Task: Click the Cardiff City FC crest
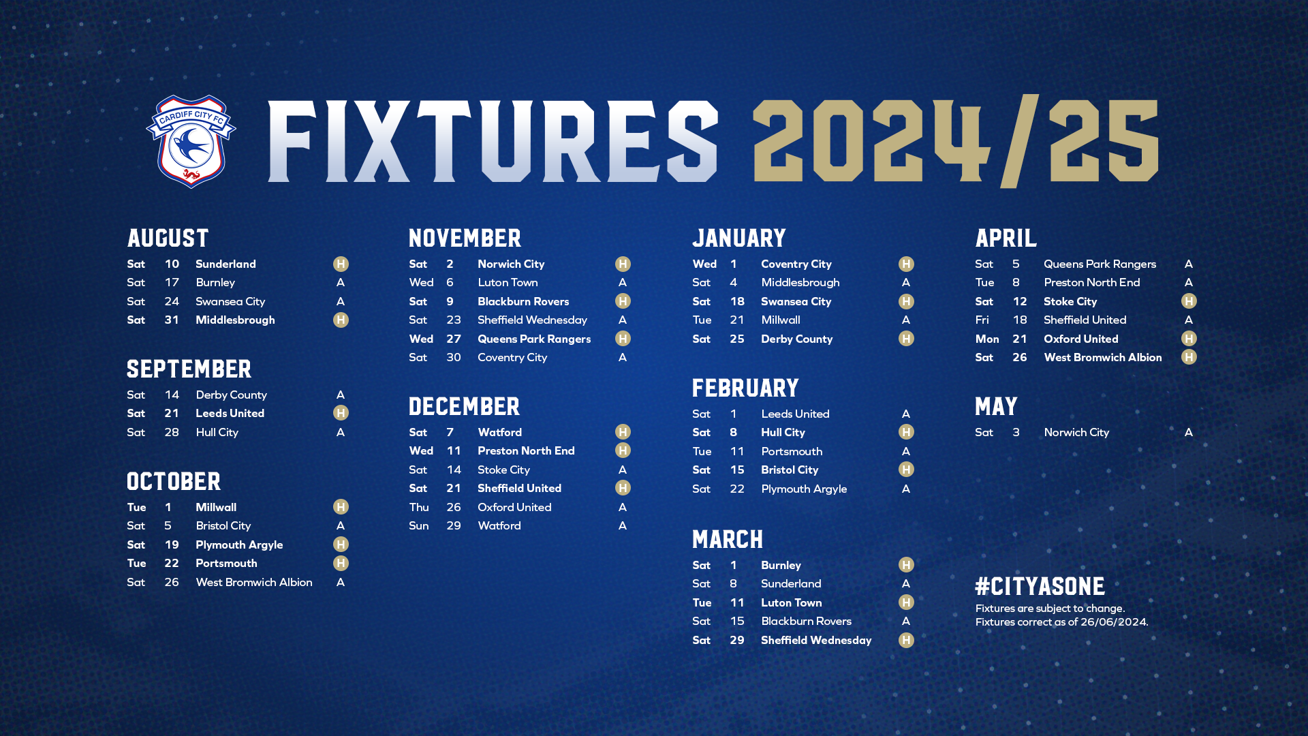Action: [191, 141]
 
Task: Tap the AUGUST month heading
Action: [168, 238]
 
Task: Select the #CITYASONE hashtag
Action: [1040, 586]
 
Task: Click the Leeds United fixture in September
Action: [230, 413]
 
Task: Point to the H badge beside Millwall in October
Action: [341, 507]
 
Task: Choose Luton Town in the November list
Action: [508, 282]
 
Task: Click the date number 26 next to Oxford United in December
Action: [454, 507]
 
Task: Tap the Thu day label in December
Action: [419, 507]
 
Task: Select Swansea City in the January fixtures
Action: [796, 301]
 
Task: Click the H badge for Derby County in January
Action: [906, 339]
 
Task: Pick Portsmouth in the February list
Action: [792, 451]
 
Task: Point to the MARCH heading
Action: [728, 539]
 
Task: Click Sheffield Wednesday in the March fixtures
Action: [816, 640]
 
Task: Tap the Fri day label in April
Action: [982, 320]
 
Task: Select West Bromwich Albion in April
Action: [1102, 357]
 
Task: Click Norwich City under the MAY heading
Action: [1076, 432]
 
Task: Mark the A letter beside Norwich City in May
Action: [1189, 432]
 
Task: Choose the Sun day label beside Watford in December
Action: [419, 525]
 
